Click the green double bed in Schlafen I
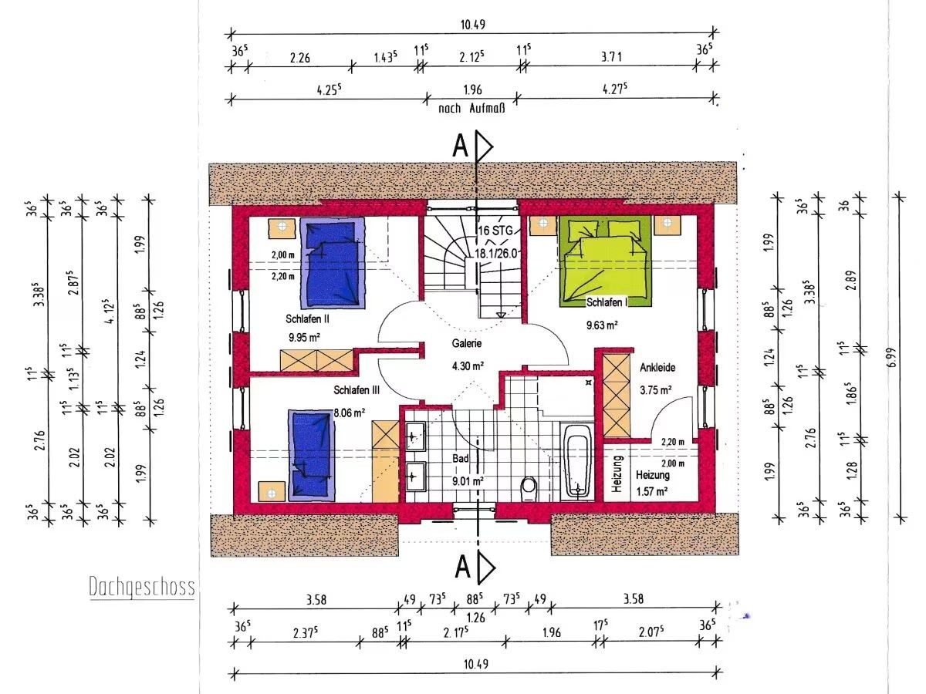tap(605, 261)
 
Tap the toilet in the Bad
tap(529, 489)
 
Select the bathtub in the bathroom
tap(576, 461)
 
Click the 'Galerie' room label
tap(466, 343)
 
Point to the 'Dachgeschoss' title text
tap(142, 587)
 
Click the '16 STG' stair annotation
tap(495, 231)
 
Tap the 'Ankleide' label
tap(657, 368)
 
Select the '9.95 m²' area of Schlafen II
tap(304, 338)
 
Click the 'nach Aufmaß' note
tap(471, 109)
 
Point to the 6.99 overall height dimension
tap(891, 357)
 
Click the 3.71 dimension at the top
tap(611, 56)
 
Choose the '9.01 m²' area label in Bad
tap(468, 480)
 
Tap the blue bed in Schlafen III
tap(311, 455)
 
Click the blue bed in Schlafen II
tap(333, 263)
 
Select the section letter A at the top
tap(460, 146)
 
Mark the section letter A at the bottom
tap(463, 567)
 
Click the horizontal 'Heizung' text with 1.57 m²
tap(652, 475)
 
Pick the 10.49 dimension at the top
tap(472, 25)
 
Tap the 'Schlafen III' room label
tap(357, 390)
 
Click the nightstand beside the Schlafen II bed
tap(282, 228)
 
